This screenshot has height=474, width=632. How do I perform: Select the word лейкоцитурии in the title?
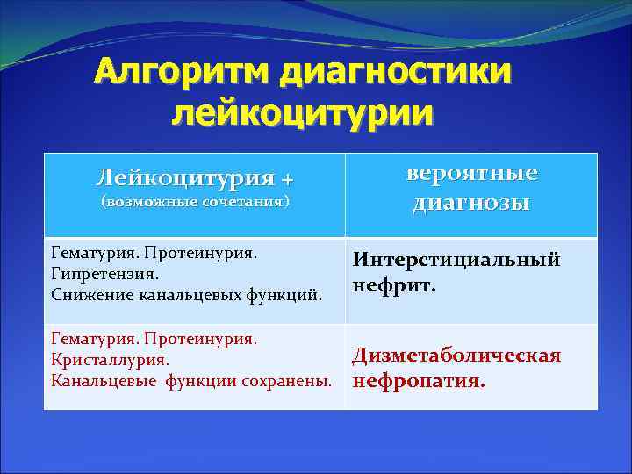303,113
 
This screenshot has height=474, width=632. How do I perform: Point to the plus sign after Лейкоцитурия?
287,179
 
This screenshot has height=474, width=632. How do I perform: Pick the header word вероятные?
471,173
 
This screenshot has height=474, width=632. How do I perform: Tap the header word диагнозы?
471,204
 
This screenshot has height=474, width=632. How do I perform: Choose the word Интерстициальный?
456,260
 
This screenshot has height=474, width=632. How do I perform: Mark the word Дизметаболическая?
456,355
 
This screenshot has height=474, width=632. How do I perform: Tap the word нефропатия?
418,382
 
